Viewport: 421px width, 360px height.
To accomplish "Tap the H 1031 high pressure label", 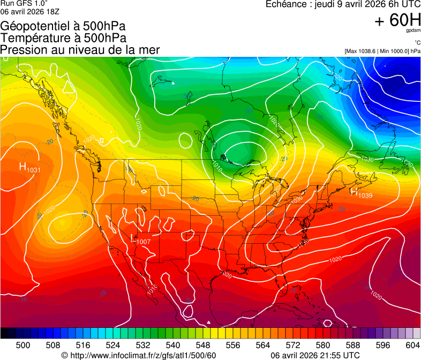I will tap(29, 167).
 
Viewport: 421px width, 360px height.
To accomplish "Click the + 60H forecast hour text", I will tap(397, 20).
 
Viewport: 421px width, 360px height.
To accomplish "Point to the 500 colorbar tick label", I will tap(23, 345).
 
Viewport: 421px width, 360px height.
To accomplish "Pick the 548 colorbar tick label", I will tap(218, 345).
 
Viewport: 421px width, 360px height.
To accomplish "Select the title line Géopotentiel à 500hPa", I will tap(63, 26).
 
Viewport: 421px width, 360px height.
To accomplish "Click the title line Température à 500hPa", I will tap(63, 38).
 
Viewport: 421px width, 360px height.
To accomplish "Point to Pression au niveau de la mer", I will tap(80, 50).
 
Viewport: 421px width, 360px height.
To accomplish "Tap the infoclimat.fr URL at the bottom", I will tap(139, 355).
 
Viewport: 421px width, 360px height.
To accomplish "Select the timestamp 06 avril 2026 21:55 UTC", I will tap(315, 355).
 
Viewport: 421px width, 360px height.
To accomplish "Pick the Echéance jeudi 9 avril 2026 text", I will tap(343, 4).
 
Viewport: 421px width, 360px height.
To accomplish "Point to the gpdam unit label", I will tap(414, 31).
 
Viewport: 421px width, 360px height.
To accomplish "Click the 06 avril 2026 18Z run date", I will tap(29, 11).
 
